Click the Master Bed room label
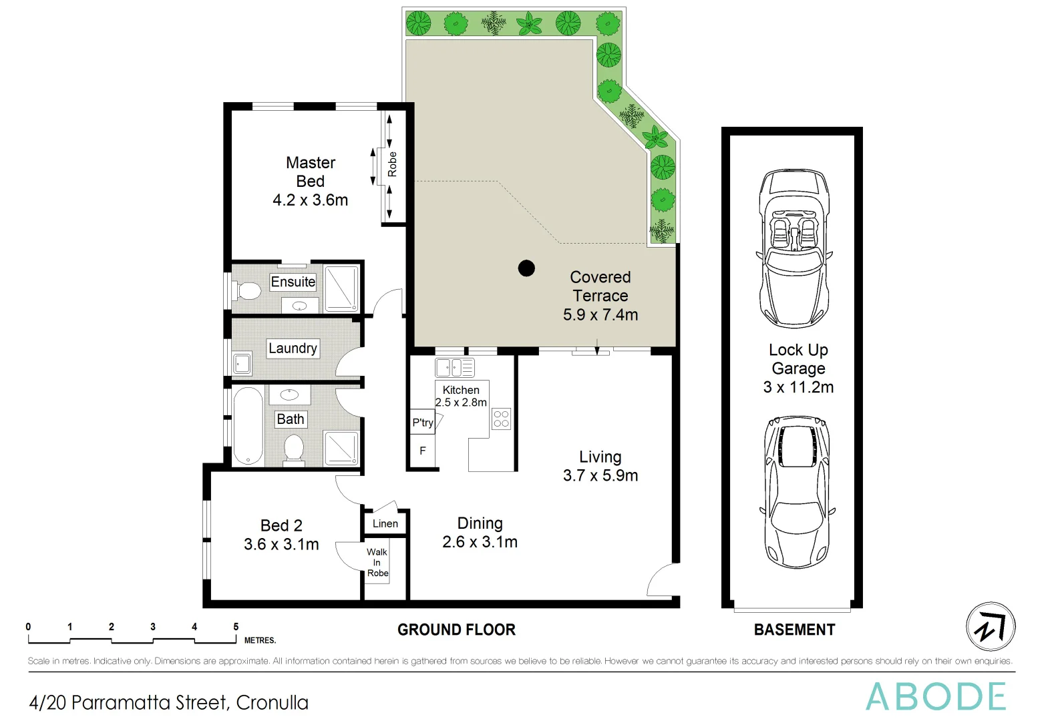[311, 172]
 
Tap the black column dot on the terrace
[526, 268]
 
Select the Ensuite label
[293, 282]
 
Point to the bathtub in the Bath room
[248, 426]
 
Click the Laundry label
[293, 348]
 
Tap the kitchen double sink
[454, 367]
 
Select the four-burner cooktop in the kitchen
[502, 419]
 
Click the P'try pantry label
[422, 423]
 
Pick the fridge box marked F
[423, 451]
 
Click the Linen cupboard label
[385, 524]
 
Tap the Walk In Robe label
[377, 562]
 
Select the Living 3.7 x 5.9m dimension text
[600, 475]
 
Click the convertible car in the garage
[794, 248]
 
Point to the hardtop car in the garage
[797, 492]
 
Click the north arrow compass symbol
[991, 626]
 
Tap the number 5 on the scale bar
[236, 627]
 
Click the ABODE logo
[936, 697]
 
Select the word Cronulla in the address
[273, 703]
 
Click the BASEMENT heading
[794, 630]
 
